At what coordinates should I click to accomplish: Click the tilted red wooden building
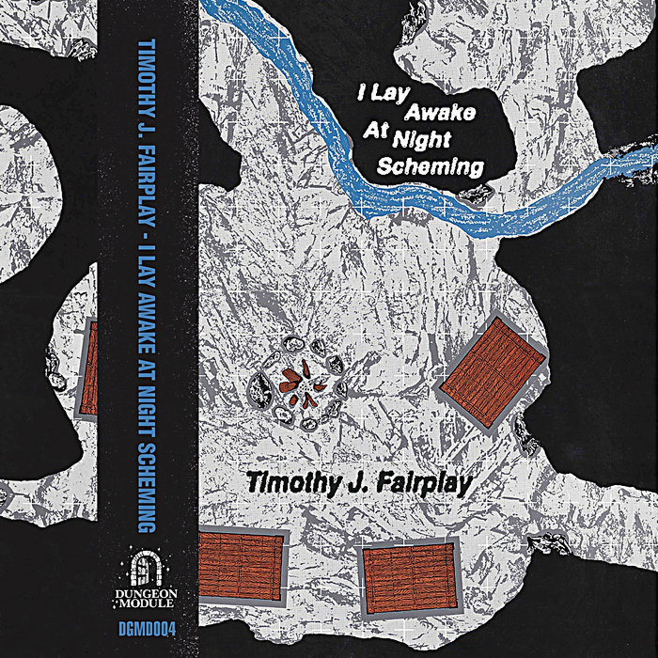tap(493, 371)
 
